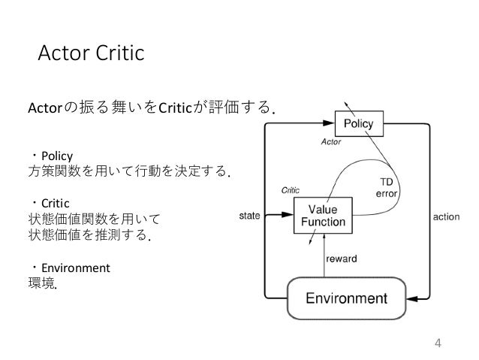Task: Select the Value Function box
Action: (x=322, y=215)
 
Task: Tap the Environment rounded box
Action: (x=345, y=298)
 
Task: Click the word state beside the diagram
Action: (x=249, y=216)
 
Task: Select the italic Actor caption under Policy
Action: (x=331, y=141)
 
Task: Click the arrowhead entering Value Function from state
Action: (x=288, y=215)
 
